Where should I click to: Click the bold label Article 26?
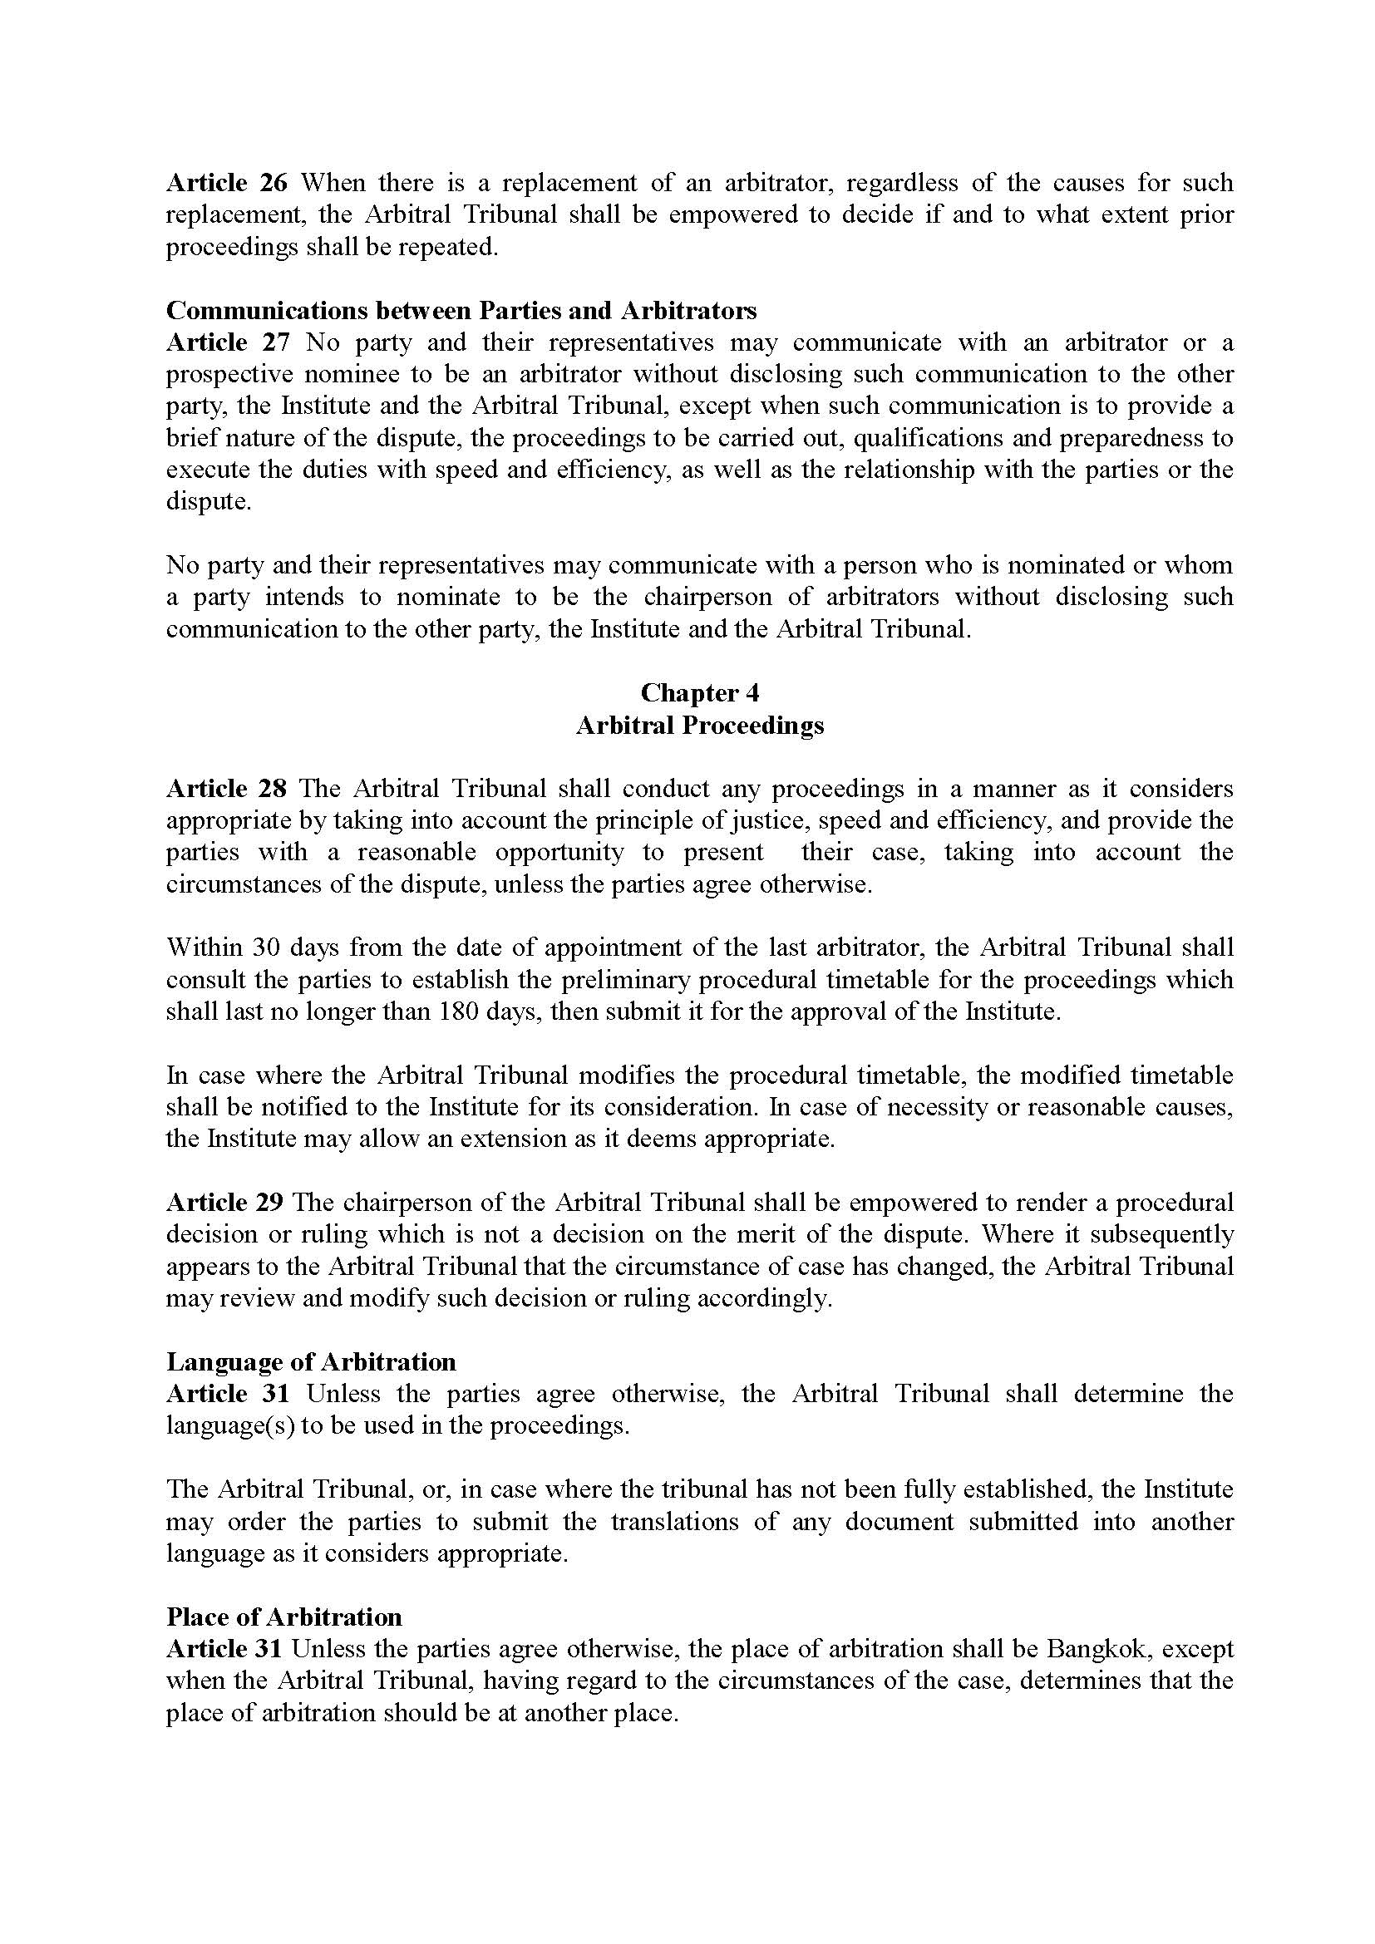point(227,183)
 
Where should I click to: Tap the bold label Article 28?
point(227,788)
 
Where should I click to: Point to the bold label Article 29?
point(226,1203)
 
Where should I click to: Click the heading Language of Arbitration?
point(311,1361)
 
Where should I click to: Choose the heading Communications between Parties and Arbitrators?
point(461,311)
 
